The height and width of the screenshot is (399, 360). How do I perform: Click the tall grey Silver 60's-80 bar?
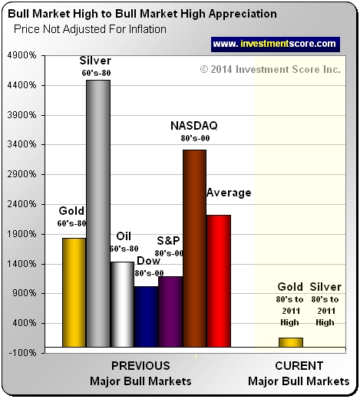(98, 213)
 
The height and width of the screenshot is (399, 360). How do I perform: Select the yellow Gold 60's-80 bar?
(74, 292)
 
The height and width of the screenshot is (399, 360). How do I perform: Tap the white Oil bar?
(122, 305)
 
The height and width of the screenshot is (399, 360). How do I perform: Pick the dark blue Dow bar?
(147, 317)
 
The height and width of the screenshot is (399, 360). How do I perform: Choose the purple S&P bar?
(170, 312)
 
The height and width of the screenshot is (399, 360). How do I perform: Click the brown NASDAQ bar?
(195, 249)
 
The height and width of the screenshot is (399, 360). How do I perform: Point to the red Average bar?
(219, 281)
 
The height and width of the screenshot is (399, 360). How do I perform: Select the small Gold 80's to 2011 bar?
(291, 342)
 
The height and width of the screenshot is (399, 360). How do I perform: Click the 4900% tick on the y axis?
(21, 55)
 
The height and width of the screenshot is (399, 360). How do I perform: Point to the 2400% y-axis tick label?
(21, 204)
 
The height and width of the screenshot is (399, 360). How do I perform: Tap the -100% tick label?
(22, 353)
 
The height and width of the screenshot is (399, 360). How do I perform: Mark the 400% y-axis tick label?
(24, 323)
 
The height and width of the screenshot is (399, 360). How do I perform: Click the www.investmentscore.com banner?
(276, 45)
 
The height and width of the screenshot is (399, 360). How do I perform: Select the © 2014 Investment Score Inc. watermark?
(270, 69)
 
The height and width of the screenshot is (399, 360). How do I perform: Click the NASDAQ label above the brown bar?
(194, 126)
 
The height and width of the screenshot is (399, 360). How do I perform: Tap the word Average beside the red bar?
(229, 193)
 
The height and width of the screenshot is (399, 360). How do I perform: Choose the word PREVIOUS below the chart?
(140, 366)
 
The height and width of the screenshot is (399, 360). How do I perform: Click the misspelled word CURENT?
(299, 366)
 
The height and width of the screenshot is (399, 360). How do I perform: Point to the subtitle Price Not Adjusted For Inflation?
(90, 29)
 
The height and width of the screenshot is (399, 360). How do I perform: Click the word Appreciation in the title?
(243, 14)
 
